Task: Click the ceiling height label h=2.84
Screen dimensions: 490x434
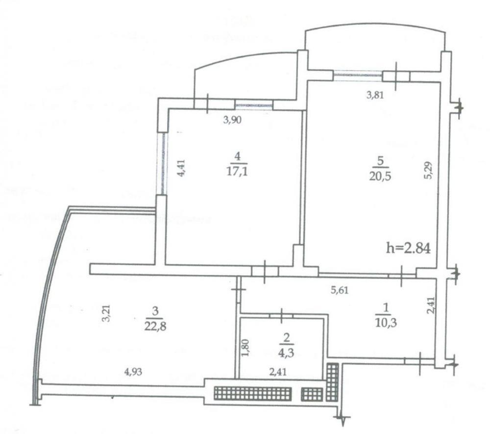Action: pos(409,248)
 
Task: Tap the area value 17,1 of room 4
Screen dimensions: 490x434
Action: pos(237,172)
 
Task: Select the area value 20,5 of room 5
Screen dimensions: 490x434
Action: pos(380,177)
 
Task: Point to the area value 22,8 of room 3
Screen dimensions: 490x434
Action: pos(155,327)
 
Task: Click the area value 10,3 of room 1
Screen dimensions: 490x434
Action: pos(386,322)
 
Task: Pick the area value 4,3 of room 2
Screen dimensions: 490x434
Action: pos(286,353)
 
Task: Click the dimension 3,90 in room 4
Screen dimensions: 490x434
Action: pos(232,120)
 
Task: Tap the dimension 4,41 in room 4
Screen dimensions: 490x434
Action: pos(181,169)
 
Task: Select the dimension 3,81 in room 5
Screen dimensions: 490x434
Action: pos(375,95)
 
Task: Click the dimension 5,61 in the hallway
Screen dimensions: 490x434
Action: pos(340,290)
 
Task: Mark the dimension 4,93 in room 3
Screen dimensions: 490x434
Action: pos(133,372)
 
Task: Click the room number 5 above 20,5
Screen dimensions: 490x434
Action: pos(380,161)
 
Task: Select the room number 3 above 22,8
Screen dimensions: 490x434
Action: pos(155,311)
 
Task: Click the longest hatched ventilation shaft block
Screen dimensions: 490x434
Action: pos(253,393)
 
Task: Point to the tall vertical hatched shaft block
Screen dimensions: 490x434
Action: pos(332,382)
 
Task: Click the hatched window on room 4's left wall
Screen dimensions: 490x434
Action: pos(162,163)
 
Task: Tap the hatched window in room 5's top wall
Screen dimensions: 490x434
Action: pos(358,76)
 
